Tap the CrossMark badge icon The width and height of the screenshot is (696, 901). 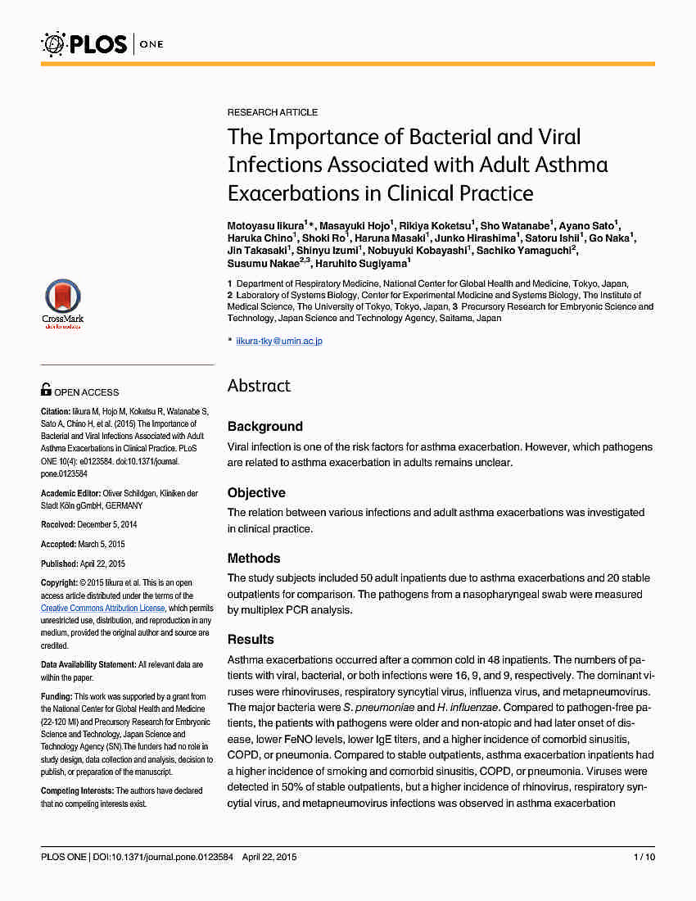pos(62,301)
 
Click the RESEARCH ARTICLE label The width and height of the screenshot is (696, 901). pos(273,112)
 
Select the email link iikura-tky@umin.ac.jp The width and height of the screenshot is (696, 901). pos(279,341)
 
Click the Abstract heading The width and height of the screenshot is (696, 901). pos(259,386)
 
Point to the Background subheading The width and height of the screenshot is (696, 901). pos(264,427)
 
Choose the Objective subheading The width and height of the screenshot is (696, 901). pos(256,493)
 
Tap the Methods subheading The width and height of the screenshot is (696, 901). pos(254,559)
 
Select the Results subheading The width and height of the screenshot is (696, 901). pos(251,640)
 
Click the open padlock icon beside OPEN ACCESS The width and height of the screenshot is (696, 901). pos(46,391)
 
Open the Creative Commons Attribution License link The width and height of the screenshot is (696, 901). pos(103,609)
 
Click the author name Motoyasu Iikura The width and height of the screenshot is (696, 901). pos(264,225)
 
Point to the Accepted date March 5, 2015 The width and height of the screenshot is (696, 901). pos(102,544)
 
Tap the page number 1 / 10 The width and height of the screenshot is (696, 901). pos(644,857)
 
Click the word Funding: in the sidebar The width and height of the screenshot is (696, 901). pos(56,697)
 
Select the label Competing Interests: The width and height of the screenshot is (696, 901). pos(77,790)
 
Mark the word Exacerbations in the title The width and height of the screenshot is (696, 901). pos(288,193)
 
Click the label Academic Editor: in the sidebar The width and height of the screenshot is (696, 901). pos(70,493)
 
